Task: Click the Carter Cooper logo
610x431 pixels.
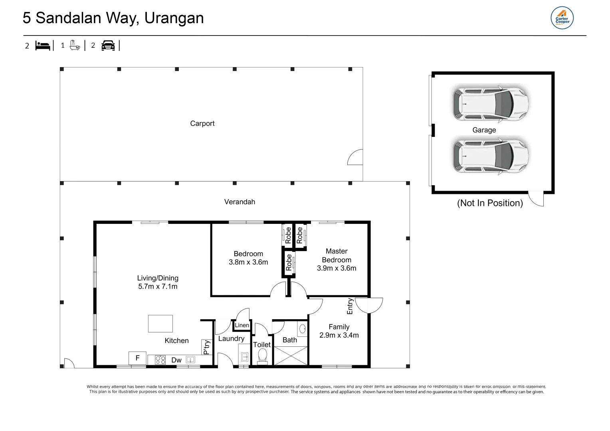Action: [562, 18]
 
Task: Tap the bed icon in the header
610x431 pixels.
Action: [43, 45]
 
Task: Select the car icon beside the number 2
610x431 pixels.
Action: [108, 45]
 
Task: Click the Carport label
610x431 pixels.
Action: [202, 124]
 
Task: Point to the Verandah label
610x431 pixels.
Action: [240, 202]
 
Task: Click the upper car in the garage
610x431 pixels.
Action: [491, 103]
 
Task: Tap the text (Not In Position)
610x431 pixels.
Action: [490, 203]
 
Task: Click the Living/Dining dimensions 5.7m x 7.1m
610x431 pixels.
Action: [158, 287]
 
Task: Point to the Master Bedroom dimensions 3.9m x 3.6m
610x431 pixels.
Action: [337, 268]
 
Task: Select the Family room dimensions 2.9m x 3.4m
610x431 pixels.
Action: [339, 335]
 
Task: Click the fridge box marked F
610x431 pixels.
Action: [137, 358]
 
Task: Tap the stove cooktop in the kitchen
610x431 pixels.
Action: [160, 360]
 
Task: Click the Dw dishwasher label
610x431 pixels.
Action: [176, 360]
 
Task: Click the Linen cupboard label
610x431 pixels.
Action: [242, 325]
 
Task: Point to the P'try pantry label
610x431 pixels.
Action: [206, 347]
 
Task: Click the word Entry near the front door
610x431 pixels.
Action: [350, 306]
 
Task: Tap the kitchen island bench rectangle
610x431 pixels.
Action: [160, 324]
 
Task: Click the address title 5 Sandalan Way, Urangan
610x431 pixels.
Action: [113, 18]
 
